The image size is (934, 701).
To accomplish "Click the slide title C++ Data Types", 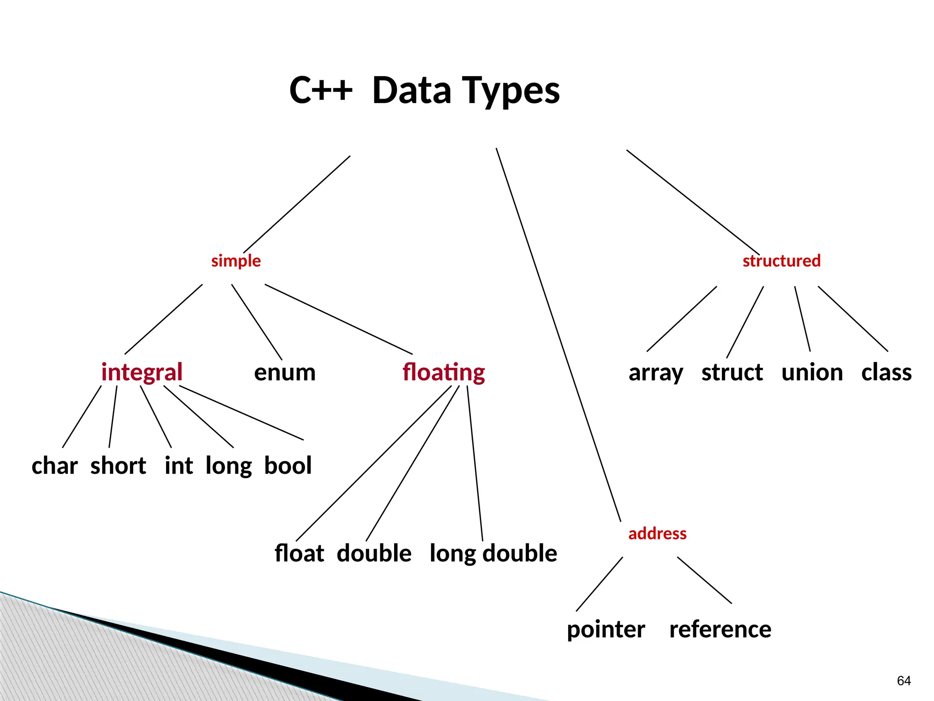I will tap(425, 90).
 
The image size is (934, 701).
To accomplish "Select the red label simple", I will tap(236, 261).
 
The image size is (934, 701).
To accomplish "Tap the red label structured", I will tap(781, 261).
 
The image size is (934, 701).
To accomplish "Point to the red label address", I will tap(657, 534).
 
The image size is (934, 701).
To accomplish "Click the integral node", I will tap(142, 372).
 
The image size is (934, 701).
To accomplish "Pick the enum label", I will tap(285, 372).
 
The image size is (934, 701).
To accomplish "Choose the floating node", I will tap(443, 372).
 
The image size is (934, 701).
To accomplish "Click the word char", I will tap(55, 466).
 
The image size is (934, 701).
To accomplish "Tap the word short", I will tap(118, 466).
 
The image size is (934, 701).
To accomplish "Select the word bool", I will tap(288, 466).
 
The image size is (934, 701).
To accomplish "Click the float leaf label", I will tap(299, 554).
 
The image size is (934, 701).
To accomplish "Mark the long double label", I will tap(493, 554).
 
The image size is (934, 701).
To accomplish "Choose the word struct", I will tap(732, 372).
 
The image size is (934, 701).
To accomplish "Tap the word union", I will tap(812, 372).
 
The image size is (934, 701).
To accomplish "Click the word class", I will tap(886, 372).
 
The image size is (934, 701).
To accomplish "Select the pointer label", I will tap(606, 630).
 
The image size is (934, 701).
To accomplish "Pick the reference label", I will tap(720, 630).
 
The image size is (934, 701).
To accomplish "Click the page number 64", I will tap(903, 681).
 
